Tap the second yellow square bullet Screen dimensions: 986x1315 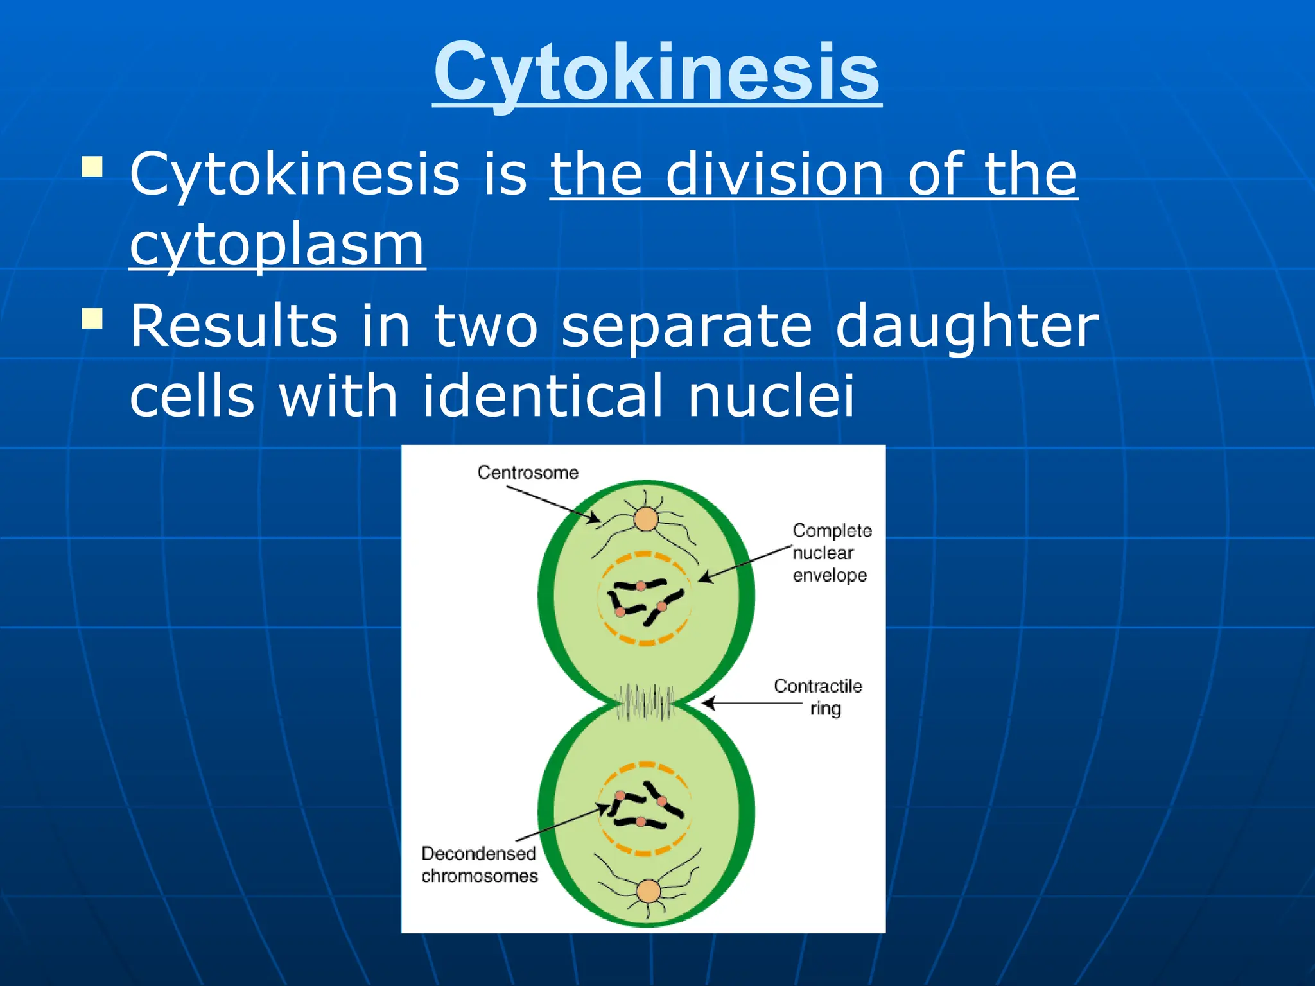click(x=92, y=318)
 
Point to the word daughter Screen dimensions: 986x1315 click(x=967, y=326)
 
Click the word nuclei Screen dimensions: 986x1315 click(x=771, y=395)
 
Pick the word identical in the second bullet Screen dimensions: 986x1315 click(x=543, y=395)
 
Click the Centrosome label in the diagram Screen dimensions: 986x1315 click(x=528, y=472)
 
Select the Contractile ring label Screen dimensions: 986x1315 click(x=818, y=696)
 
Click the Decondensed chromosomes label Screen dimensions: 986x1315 click(x=479, y=864)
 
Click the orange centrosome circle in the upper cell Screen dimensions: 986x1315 click(x=646, y=519)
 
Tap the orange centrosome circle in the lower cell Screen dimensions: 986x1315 click(x=649, y=891)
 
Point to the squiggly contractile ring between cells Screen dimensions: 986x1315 click(x=645, y=702)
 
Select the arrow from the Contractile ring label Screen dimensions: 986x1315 click(x=751, y=704)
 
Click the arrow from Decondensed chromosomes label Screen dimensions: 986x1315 click(x=562, y=823)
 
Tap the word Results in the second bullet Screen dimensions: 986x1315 click(x=234, y=326)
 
